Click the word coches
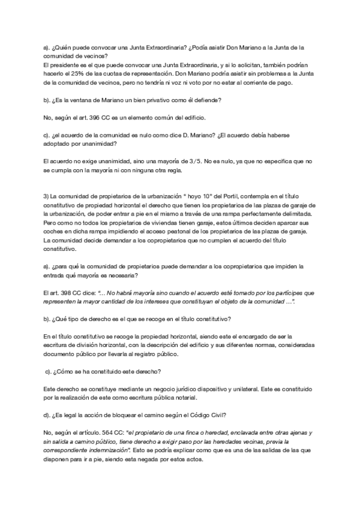56,232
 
